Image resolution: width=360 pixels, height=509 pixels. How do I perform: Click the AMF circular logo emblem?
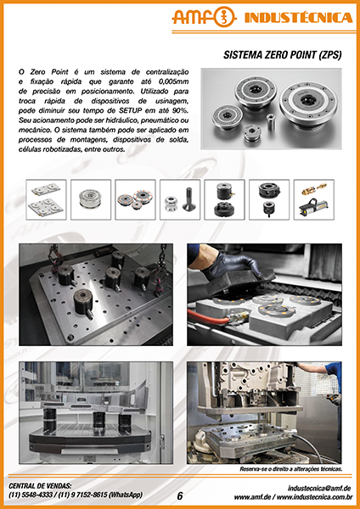pyautogui.click(x=224, y=17)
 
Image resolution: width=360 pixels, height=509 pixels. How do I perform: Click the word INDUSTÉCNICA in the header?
pyautogui.click(x=298, y=18)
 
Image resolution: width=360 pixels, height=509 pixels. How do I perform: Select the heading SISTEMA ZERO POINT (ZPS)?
pyautogui.click(x=283, y=55)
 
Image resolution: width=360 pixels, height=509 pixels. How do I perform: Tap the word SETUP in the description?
pyautogui.click(x=129, y=110)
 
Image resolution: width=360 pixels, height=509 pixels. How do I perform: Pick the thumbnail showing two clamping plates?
pyautogui.click(x=46, y=199)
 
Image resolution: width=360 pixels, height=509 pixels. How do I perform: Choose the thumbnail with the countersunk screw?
pyautogui.click(x=180, y=199)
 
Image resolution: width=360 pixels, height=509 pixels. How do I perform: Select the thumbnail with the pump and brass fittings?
pyautogui.click(x=314, y=199)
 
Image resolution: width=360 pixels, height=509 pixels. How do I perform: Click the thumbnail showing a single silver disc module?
pyautogui.click(x=91, y=199)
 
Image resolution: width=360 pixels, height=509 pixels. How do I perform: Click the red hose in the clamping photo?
pyautogui.click(x=209, y=316)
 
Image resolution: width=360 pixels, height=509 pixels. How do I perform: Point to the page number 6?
pyautogui.click(x=180, y=495)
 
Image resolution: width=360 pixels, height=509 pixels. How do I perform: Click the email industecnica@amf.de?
pyautogui.click(x=319, y=488)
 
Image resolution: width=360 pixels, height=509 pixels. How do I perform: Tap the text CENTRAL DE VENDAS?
pyautogui.click(x=40, y=486)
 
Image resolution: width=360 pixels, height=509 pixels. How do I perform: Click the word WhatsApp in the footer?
pyautogui.click(x=126, y=495)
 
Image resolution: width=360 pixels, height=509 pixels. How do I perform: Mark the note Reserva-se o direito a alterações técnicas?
pyautogui.click(x=290, y=469)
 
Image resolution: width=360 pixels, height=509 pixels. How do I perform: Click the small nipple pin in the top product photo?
pyautogui.click(x=270, y=121)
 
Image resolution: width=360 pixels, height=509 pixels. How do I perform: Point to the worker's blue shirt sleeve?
pyautogui.click(x=333, y=370)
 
